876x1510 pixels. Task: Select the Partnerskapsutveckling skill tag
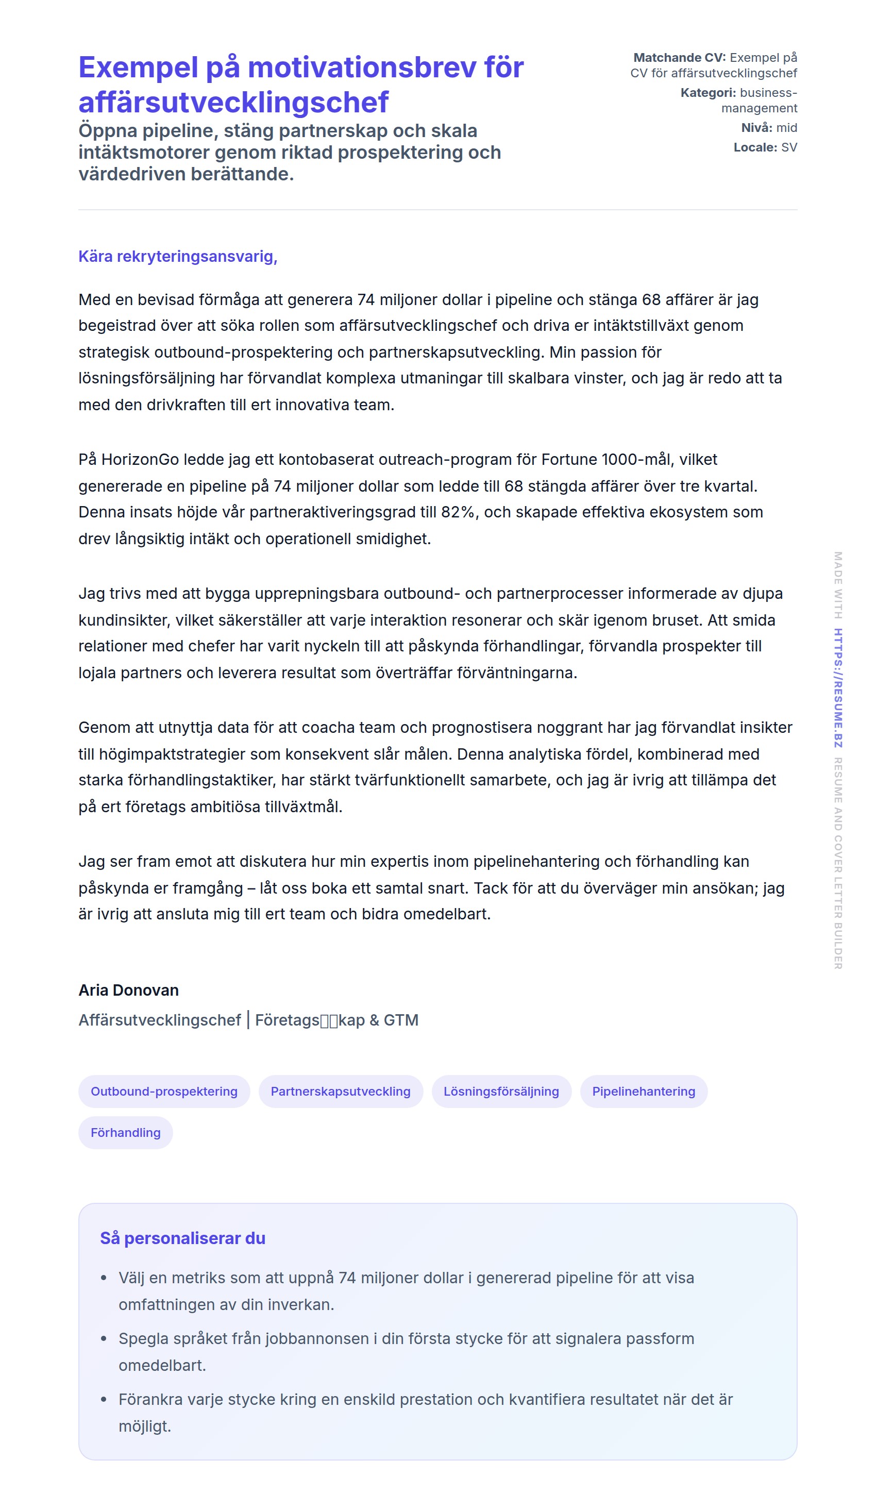(x=340, y=1091)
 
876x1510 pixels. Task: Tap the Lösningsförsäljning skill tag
(x=501, y=1091)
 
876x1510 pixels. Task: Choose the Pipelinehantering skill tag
(x=644, y=1091)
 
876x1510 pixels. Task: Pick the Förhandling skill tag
(x=125, y=1133)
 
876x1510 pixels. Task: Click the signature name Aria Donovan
(x=128, y=990)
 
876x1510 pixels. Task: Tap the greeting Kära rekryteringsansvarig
(x=177, y=257)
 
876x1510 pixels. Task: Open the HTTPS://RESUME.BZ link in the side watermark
(x=838, y=687)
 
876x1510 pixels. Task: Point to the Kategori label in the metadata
(x=707, y=93)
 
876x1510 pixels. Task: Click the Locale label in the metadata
(x=755, y=147)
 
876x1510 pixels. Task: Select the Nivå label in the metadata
(x=756, y=128)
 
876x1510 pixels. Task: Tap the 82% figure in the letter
(x=459, y=512)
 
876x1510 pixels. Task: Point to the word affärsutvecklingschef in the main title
(x=233, y=102)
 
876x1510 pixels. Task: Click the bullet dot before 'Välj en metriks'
(x=104, y=1278)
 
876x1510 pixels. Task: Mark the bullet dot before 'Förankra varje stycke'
(x=104, y=1400)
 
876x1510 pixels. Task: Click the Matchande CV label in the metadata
(x=679, y=58)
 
